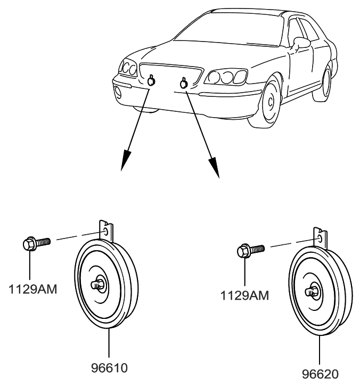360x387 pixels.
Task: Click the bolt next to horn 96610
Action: [x=35, y=244]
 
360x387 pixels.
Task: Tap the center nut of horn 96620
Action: [x=310, y=291]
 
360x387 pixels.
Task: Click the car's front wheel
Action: [x=272, y=101]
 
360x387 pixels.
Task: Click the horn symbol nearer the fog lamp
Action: [x=152, y=81]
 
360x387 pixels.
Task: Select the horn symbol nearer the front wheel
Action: [x=184, y=83]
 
